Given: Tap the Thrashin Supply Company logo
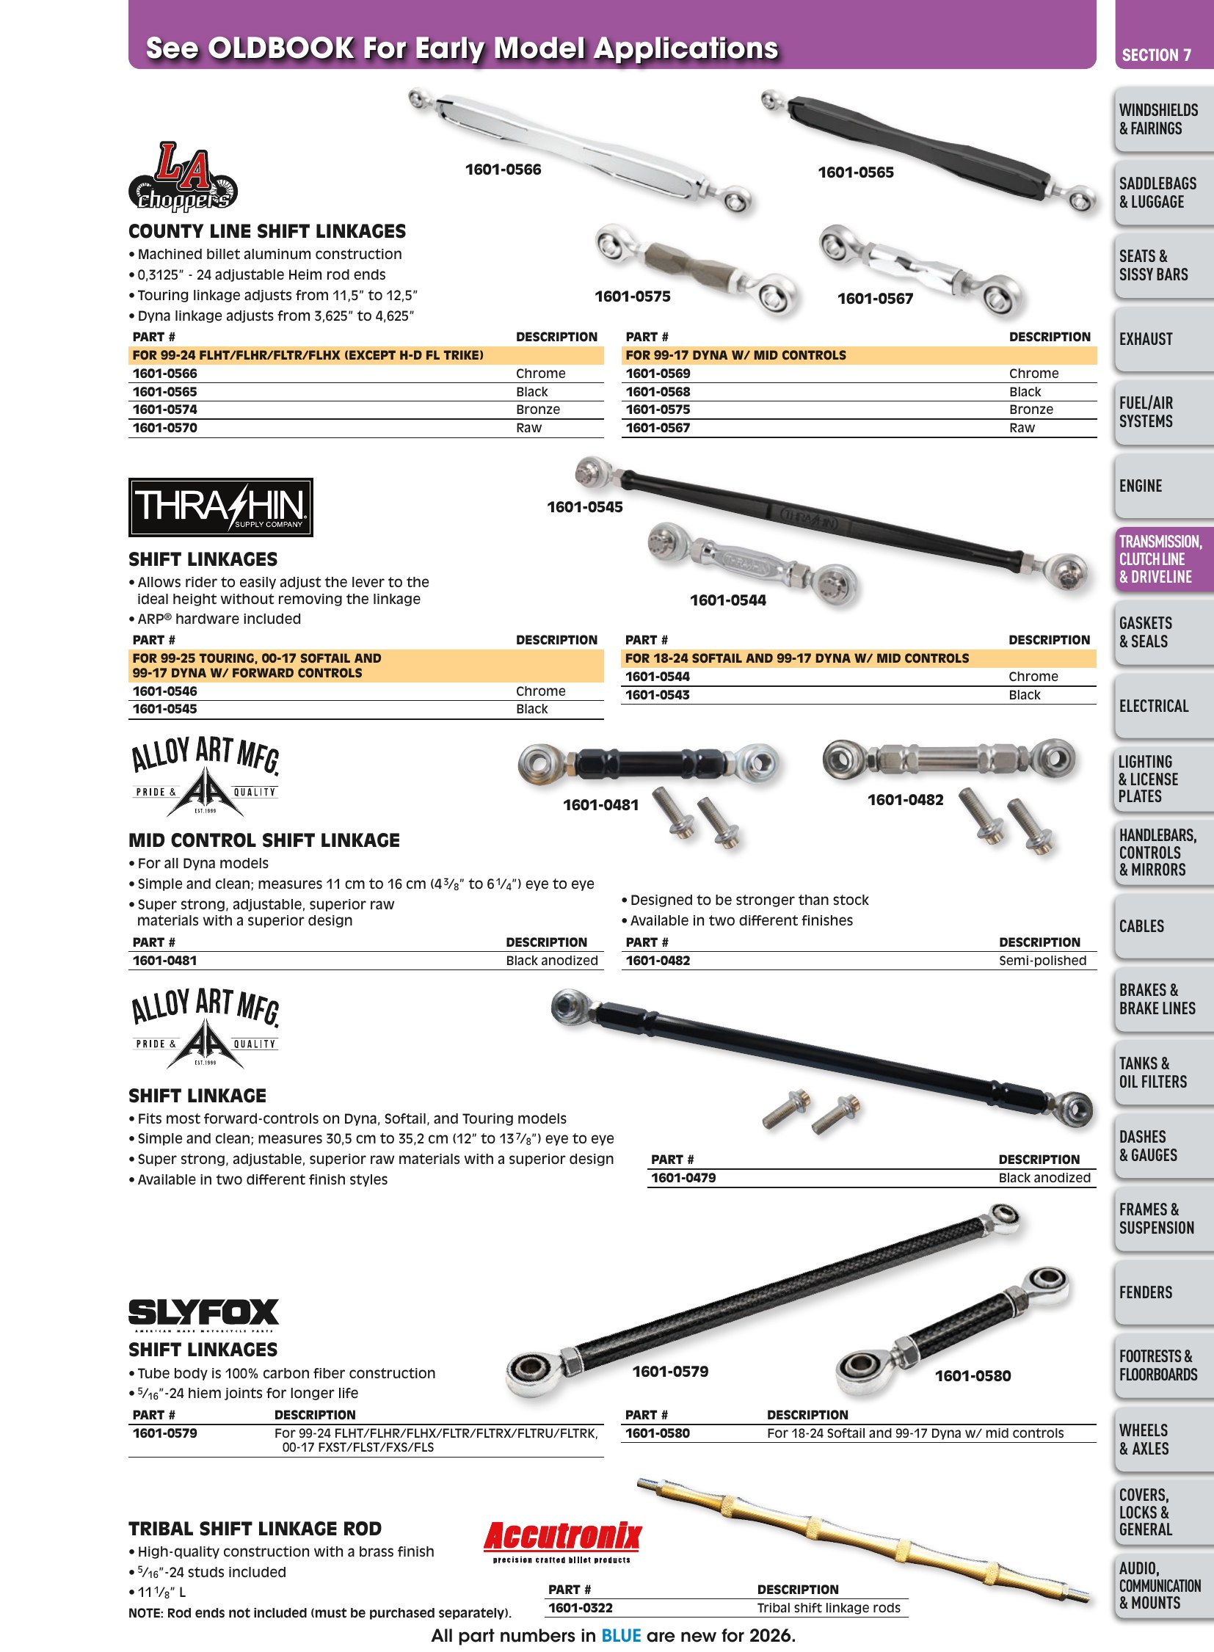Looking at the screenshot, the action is pos(220,507).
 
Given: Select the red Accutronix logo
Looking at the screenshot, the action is pos(562,1542).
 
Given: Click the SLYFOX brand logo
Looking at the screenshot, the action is pos(203,1314).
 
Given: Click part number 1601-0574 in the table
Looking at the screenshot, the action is pos(164,410).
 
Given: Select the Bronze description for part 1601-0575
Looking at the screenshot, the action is pos(1031,410).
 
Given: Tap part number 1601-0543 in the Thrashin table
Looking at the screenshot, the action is pos(657,694).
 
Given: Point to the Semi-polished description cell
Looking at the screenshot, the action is pos(1042,961).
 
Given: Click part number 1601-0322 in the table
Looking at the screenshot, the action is pos(581,1608).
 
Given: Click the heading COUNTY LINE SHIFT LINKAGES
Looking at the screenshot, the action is pos(266,231).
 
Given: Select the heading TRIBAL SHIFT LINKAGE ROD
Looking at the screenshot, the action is pos(255,1529).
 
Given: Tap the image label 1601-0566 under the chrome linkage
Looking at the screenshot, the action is pos(503,170).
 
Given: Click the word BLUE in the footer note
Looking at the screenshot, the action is pos(621,1635).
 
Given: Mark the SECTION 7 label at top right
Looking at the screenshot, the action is pos(1156,55).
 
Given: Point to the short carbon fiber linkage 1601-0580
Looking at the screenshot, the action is pos(953,1330).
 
